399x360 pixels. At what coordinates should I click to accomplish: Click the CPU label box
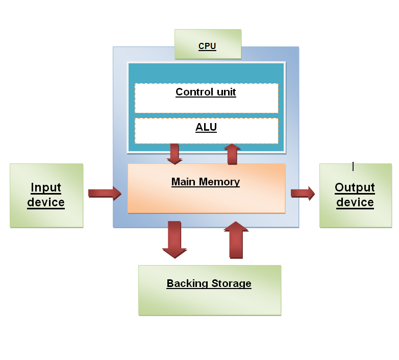pos(207,44)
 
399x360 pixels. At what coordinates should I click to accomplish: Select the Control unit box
pos(206,98)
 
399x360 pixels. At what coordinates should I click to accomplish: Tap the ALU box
pos(206,131)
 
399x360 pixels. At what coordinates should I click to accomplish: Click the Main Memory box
pos(206,188)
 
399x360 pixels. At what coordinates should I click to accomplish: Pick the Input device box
pos(46,195)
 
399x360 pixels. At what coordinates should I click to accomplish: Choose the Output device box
pos(355,195)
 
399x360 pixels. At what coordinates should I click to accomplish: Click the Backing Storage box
pos(209,290)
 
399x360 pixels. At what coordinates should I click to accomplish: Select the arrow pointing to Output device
pos(303,193)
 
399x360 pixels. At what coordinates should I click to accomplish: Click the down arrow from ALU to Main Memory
pos(174,154)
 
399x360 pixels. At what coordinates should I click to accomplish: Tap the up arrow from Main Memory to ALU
pos(232,154)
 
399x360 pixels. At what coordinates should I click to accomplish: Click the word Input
pos(46,187)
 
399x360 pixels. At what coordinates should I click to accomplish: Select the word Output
pos(355,187)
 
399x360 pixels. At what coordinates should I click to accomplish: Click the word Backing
pos(184,283)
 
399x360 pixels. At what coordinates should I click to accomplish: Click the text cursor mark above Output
pos(353,166)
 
